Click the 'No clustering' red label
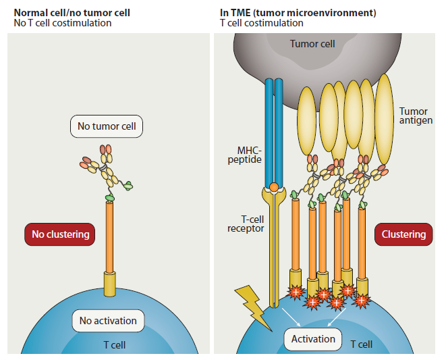pos(60,235)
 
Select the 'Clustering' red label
pos(403,234)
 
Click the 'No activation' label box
pos(108,321)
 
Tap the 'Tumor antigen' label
pos(413,116)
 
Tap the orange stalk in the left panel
pos(110,236)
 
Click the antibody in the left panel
pos(105,172)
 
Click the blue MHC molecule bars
pos(274,128)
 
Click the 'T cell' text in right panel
pos(361,344)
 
